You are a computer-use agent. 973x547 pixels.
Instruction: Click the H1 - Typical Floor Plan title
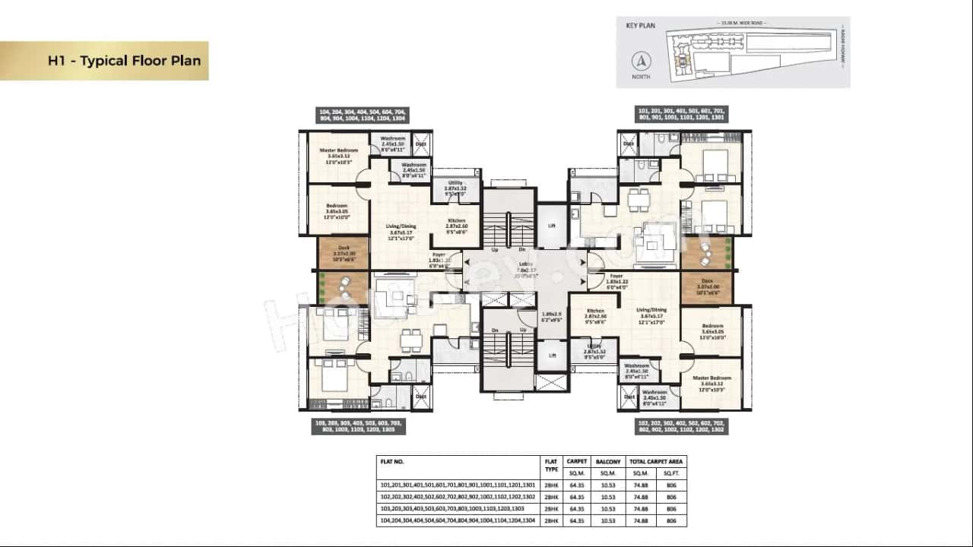click(x=124, y=61)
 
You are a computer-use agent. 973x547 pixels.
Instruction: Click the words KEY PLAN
click(x=640, y=25)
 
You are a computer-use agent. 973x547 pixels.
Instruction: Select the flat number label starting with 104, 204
click(x=363, y=115)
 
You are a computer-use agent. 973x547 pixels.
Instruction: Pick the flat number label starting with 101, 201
click(x=681, y=115)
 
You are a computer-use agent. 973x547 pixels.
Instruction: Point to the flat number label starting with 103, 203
click(x=358, y=426)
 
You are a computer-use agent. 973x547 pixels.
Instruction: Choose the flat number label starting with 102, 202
click(x=681, y=426)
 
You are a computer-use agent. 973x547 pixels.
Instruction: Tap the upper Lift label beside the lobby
click(x=552, y=226)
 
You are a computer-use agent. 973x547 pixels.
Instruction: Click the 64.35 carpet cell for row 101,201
click(x=577, y=485)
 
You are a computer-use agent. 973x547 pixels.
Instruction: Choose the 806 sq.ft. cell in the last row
click(x=671, y=521)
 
